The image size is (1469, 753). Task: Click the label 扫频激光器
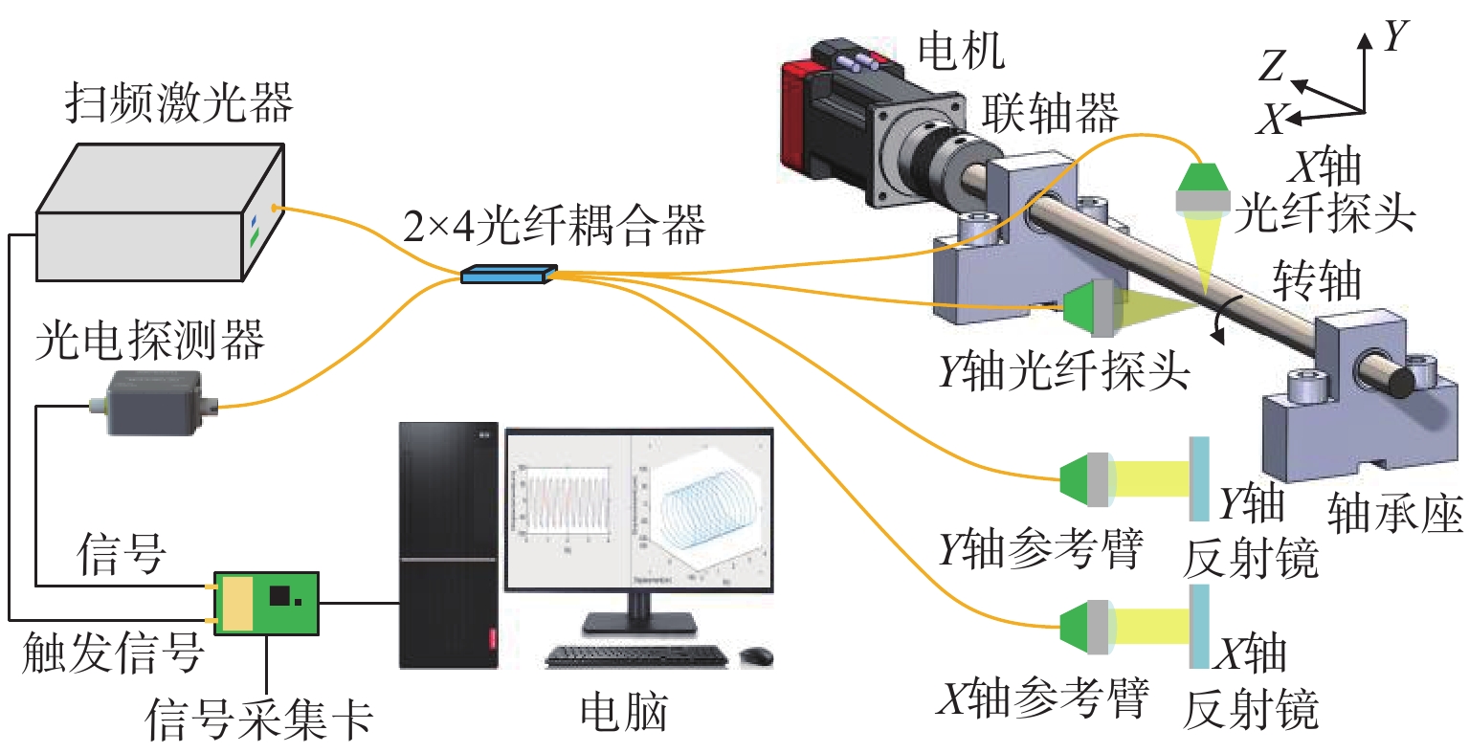click(178, 104)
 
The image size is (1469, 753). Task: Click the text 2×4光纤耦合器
click(554, 226)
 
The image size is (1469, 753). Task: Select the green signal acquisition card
click(265, 603)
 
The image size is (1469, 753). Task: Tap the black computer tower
click(448, 545)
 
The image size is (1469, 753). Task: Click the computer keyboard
click(636, 655)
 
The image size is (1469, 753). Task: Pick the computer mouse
click(756, 655)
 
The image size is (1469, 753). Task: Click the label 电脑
click(624, 713)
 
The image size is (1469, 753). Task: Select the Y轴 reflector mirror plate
click(1198, 478)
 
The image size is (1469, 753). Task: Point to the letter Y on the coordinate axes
click(1396, 36)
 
